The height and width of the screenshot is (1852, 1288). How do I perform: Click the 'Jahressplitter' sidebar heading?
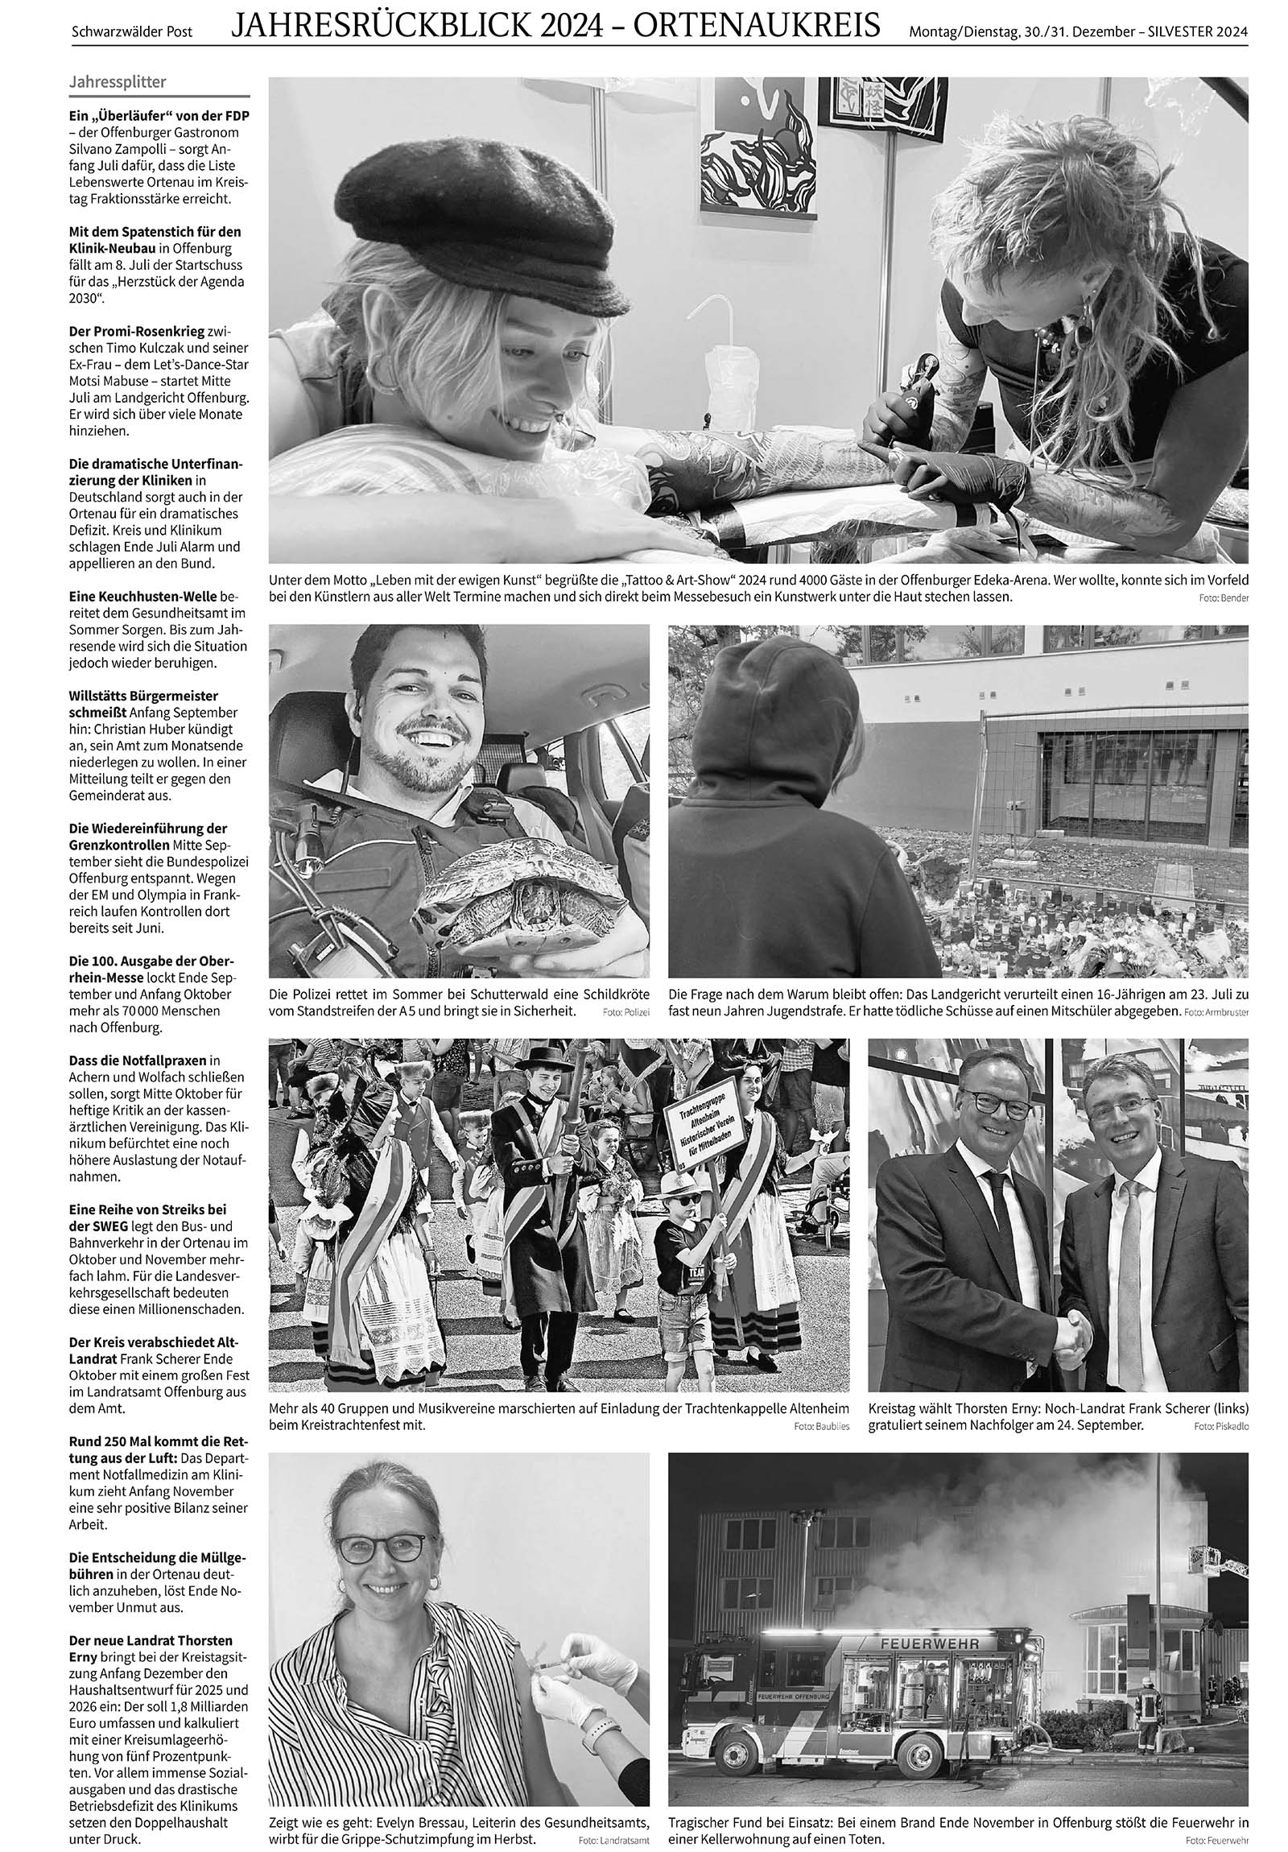tap(118, 81)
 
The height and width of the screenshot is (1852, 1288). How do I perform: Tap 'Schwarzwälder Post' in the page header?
tap(132, 31)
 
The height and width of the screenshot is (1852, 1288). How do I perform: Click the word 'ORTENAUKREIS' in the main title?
tap(757, 27)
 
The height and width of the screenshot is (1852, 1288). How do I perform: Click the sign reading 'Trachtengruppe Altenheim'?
tap(699, 1120)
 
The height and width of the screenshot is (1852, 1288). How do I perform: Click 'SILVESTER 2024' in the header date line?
tap(1198, 32)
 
